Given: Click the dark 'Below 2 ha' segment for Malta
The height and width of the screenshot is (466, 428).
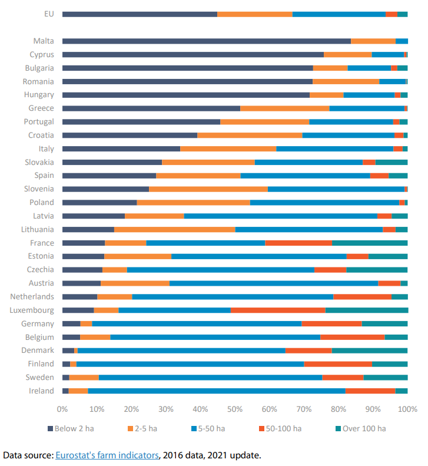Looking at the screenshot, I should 206,41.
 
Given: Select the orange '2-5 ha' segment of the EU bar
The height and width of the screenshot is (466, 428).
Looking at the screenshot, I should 254,14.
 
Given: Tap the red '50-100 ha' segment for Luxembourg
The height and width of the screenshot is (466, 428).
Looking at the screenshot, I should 277,310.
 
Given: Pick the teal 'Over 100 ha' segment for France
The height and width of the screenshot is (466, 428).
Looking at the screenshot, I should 370,243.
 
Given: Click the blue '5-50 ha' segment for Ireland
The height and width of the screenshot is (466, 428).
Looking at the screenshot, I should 217,391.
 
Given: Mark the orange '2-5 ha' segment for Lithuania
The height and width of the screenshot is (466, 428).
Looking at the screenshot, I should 174,230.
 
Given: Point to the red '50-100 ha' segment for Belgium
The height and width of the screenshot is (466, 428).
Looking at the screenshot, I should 352,338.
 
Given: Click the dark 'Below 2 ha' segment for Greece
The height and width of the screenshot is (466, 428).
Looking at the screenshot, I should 151,108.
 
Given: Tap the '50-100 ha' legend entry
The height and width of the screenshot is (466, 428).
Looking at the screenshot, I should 283,428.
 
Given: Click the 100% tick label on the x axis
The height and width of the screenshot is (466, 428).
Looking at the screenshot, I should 407,408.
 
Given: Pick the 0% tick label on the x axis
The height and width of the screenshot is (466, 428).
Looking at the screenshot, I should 62,408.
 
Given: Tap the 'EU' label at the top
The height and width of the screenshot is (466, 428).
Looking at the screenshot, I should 48,14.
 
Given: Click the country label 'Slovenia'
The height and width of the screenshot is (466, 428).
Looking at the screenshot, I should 38,189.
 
